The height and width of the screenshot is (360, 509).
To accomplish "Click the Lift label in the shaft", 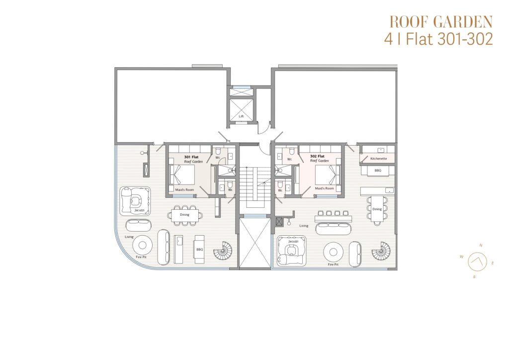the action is pos(241,116).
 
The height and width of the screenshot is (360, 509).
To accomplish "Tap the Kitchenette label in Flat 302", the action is pos(378,159).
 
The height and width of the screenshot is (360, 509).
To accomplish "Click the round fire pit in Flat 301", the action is pos(142,245).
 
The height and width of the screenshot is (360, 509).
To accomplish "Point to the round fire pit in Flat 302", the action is pos(333,252).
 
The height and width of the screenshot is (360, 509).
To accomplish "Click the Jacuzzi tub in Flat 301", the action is pos(135,200).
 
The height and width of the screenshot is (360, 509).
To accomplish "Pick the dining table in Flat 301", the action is pos(184,215).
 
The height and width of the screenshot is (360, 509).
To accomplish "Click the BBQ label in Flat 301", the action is pos(199,249).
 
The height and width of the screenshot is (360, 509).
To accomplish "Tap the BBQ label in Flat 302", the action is pos(378,170).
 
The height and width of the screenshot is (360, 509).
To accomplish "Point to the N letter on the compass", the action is pos(481,246).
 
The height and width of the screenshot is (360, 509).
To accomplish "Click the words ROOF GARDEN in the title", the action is pos(441,22).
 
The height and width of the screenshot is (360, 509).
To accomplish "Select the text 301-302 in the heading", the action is pos(465,39).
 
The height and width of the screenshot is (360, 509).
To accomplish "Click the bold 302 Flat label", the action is pos(317,156).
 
